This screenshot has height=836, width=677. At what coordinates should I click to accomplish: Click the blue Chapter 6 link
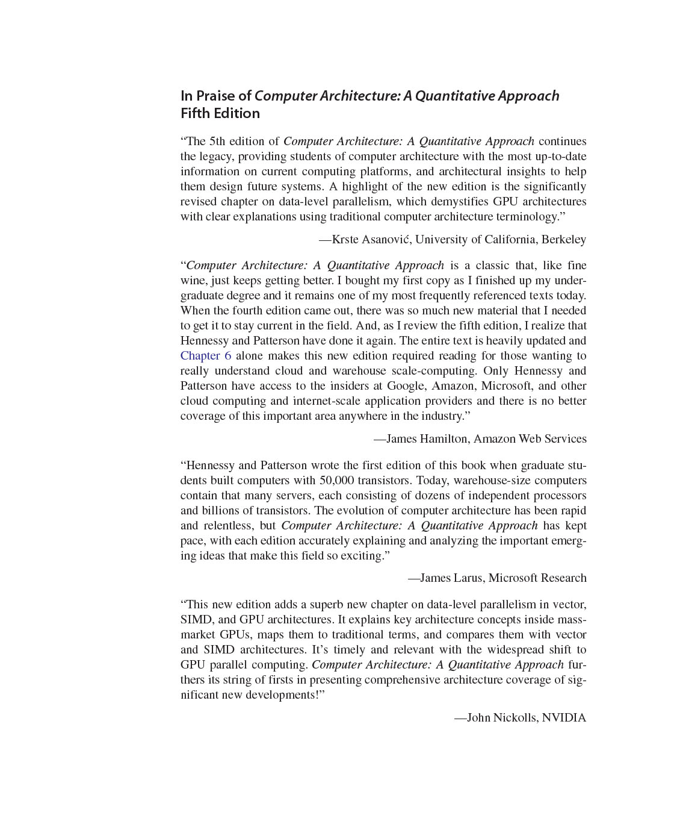click(206, 356)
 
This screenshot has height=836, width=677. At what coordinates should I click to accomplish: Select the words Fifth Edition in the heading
click(220, 114)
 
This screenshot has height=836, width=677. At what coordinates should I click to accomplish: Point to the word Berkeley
click(563, 240)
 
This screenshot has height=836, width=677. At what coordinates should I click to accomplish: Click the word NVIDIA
click(564, 718)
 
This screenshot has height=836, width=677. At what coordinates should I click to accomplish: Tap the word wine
click(192, 281)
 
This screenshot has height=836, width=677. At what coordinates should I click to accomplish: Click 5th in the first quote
click(217, 142)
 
